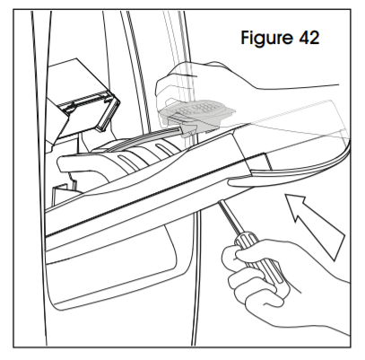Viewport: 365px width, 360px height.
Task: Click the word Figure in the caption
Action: pos(267,38)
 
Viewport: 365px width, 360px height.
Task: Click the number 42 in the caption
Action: pos(309,38)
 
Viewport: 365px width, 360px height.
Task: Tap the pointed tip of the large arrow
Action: pos(286,195)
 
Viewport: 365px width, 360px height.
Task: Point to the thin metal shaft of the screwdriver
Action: pos(230,216)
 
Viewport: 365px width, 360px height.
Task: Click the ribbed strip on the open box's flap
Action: pos(83,101)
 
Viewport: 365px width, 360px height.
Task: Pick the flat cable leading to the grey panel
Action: pos(143,137)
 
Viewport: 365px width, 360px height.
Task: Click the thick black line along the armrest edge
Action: pos(155,195)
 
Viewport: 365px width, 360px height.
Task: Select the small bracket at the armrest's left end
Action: pos(64,195)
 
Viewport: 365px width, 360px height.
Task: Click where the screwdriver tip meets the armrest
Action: pos(220,202)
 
